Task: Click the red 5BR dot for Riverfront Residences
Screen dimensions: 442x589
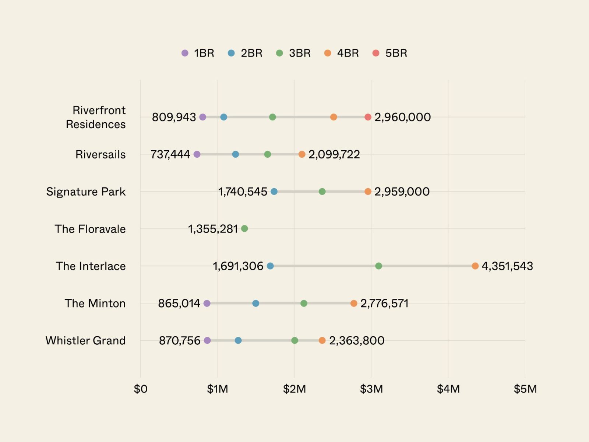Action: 368,117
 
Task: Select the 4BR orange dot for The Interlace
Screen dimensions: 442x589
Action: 475,266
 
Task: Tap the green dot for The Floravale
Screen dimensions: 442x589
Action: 244,229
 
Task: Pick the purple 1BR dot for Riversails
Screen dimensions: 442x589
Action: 197,154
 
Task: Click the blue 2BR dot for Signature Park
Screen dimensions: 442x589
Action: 274,192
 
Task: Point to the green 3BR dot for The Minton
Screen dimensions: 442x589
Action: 304,304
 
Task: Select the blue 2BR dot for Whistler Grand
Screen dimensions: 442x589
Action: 238,340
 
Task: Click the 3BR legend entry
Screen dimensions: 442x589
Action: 293,53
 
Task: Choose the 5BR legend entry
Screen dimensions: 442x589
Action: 390,53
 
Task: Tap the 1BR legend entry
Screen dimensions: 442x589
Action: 198,53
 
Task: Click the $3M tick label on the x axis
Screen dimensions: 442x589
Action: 371,389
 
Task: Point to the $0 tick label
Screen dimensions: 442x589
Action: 140,389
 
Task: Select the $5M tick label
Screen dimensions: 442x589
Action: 525,389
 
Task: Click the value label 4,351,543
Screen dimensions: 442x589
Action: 507,266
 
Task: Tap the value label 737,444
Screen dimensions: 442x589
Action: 170,154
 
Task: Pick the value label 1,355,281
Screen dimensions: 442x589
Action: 213,229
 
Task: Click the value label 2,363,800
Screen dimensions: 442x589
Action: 356,340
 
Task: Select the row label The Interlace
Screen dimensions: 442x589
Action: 91,266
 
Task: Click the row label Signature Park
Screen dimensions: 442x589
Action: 86,192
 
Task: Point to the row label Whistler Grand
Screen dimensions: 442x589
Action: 85,340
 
